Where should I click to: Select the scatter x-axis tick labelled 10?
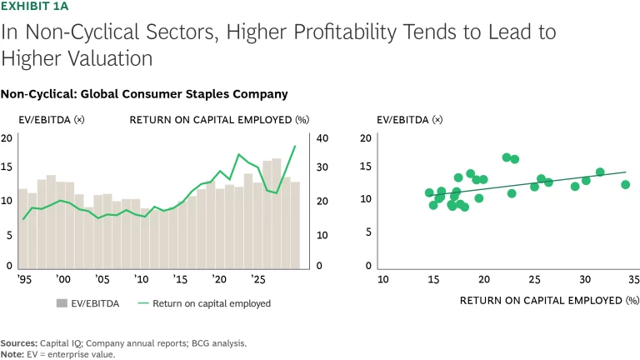click(x=382, y=278)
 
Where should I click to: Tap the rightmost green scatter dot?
click(x=625, y=185)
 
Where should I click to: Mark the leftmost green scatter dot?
click(x=429, y=192)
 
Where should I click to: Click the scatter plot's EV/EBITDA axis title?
click(x=405, y=120)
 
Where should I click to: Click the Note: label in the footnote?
click(x=12, y=352)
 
